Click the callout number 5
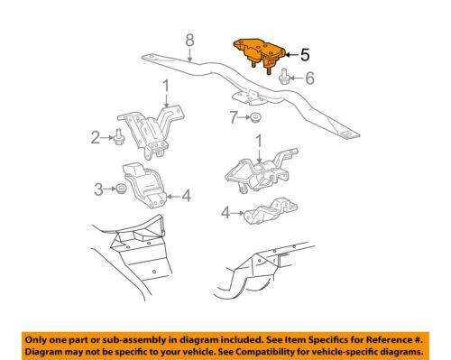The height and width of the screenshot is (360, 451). point(305,55)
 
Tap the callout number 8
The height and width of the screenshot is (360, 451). point(189,40)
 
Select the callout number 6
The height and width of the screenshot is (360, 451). point(309,78)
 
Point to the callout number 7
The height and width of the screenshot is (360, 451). point(234,117)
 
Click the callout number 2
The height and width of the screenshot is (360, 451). point(96,137)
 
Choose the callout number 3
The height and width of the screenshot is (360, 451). point(98,189)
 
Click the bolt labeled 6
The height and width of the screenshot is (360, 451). point(284,77)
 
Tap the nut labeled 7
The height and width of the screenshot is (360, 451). point(255,117)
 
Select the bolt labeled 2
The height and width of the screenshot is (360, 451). point(119,137)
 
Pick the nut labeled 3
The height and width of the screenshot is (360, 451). point(121,189)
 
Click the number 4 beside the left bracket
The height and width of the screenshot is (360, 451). point(187,196)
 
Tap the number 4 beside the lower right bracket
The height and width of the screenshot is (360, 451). point(225,213)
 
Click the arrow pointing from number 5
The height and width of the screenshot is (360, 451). point(291,55)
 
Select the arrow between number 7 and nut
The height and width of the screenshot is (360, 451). point(244,117)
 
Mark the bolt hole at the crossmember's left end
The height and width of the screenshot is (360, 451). point(150,56)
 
